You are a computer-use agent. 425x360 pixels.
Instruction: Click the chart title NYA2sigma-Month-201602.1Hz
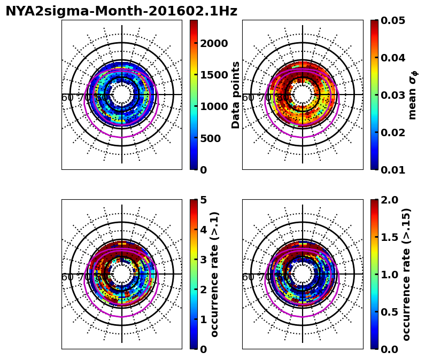[121, 11]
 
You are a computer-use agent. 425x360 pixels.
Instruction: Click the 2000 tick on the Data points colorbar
[214, 43]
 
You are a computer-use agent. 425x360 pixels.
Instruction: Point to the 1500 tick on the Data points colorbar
[214, 75]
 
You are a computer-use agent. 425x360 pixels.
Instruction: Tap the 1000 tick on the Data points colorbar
[214, 106]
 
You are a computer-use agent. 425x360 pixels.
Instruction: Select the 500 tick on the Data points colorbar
[210, 138]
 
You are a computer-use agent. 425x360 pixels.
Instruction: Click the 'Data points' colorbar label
[236, 95]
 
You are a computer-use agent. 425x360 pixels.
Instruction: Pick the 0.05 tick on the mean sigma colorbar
[393, 20]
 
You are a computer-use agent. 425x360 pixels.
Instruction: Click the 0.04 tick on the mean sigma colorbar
[393, 58]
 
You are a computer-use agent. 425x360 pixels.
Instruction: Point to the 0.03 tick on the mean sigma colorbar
[393, 95]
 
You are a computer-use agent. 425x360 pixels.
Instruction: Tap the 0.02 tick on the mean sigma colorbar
[393, 132]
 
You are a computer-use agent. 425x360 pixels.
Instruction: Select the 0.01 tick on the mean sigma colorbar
[393, 170]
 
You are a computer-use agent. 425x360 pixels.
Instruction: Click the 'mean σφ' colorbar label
[412, 95]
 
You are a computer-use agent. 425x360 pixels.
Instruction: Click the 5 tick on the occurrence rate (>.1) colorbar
[203, 200]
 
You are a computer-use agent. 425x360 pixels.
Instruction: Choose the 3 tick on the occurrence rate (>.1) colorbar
[203, 260]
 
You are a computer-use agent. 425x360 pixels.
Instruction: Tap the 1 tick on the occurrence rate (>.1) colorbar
[203, 319]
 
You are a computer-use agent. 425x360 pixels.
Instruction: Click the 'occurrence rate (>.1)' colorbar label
[215, 274]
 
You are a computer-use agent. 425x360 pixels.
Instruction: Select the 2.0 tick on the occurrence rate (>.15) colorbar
[390, 200]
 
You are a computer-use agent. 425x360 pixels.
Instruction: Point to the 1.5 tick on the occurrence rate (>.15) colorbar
[390, 237]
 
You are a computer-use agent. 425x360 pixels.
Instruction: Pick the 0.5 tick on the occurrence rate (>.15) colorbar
[390, 312]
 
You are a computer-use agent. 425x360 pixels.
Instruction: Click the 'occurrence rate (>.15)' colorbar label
[406, 274]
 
